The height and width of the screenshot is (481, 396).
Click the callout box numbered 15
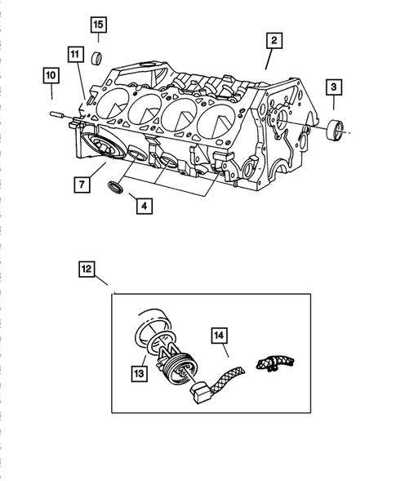(98, 24)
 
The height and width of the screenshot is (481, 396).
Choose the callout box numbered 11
(74, 56)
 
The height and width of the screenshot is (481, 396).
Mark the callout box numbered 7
(80, 185)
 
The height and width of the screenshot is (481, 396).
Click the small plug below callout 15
(96, 56)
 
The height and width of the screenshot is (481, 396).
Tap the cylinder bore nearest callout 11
(109, 101)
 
